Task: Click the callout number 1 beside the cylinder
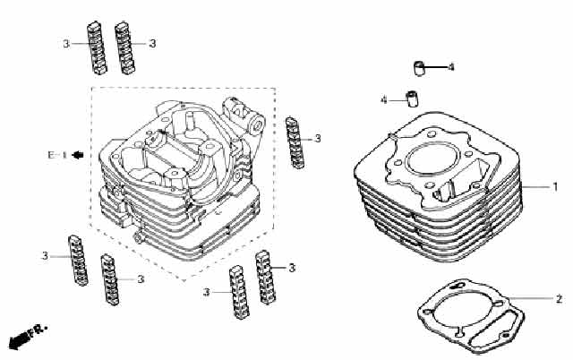pos(555,187)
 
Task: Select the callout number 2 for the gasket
pos(559,299)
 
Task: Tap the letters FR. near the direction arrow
pos(38,331)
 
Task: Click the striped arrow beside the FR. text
pos(19,340)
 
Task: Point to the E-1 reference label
pos(57,155)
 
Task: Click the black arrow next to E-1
pos(78,155)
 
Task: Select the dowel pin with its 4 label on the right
pos(419,68)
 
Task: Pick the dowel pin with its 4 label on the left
pos(412,99)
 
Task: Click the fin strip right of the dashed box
pos(295,143)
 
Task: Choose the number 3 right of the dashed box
pos(318,139)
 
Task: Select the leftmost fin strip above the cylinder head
pos(97,47)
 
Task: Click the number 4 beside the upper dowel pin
pos(451,67)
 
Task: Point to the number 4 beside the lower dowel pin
pos(384,99)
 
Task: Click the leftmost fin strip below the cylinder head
pos(78,261)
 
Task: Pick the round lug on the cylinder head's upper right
pos(257,124)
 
